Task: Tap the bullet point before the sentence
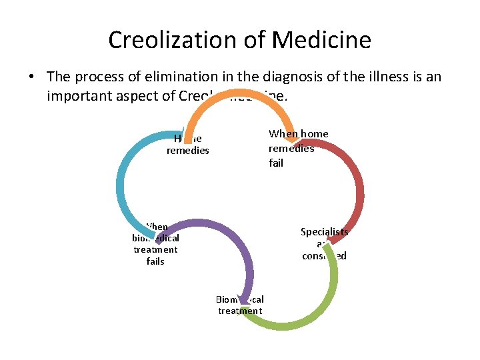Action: point(31,77)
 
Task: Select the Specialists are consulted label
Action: point(324,244)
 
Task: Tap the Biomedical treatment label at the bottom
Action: point(240,305)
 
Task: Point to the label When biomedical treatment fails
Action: point(155,244)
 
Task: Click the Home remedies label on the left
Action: point(187,145)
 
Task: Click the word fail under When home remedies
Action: point(276,163)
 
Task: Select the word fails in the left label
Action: point(155,261)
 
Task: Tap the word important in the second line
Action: point(74,96)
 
